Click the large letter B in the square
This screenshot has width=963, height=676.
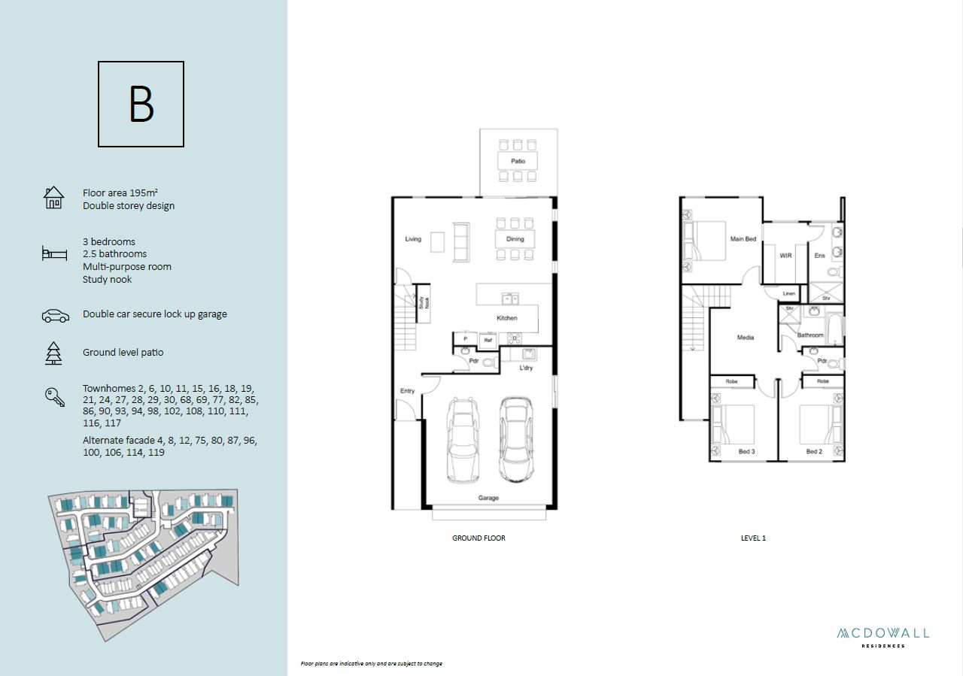[x=141, y=104]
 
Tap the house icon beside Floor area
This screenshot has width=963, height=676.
[x=53, y=198]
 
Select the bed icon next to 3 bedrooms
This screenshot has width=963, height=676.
[x=55, y=253]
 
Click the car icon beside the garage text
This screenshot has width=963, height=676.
[x=56, y=316]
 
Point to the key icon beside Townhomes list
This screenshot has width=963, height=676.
[x=55, y=397]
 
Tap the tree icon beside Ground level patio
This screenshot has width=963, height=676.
[x=53, y=353]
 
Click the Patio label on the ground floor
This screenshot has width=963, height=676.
[x=518, y=161]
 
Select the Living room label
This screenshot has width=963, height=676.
[x=413, y=239]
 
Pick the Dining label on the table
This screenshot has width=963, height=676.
[x=515, y=239]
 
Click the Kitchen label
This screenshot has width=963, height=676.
[x=507, y=318]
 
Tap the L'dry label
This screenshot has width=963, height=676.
[x=526, y=368]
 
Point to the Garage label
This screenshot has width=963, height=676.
[x=488, y=498]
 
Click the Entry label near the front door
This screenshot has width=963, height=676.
[x=407, y=391]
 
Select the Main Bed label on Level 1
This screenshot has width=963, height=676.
[x=743, y=239]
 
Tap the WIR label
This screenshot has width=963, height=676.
[x=785, y=256]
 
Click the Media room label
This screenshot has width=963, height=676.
[x=746, y=338]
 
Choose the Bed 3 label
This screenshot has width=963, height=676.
[x=747, y=451]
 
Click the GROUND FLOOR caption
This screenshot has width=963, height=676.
[x=479, y=538]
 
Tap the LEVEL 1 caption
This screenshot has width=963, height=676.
[x=753, y=538]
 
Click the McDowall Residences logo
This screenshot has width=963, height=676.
[x=883, y=638]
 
